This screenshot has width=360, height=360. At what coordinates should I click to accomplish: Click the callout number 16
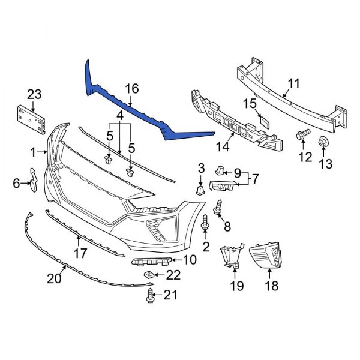[x=131, y=89]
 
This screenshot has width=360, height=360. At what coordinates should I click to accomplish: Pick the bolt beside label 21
[x=150, y=295]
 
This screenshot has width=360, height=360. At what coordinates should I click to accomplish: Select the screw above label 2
[x=206, y=222]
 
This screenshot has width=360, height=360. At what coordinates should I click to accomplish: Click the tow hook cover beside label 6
[x=33, y=181]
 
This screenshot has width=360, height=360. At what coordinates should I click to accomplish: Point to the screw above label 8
[x=219, y=205]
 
